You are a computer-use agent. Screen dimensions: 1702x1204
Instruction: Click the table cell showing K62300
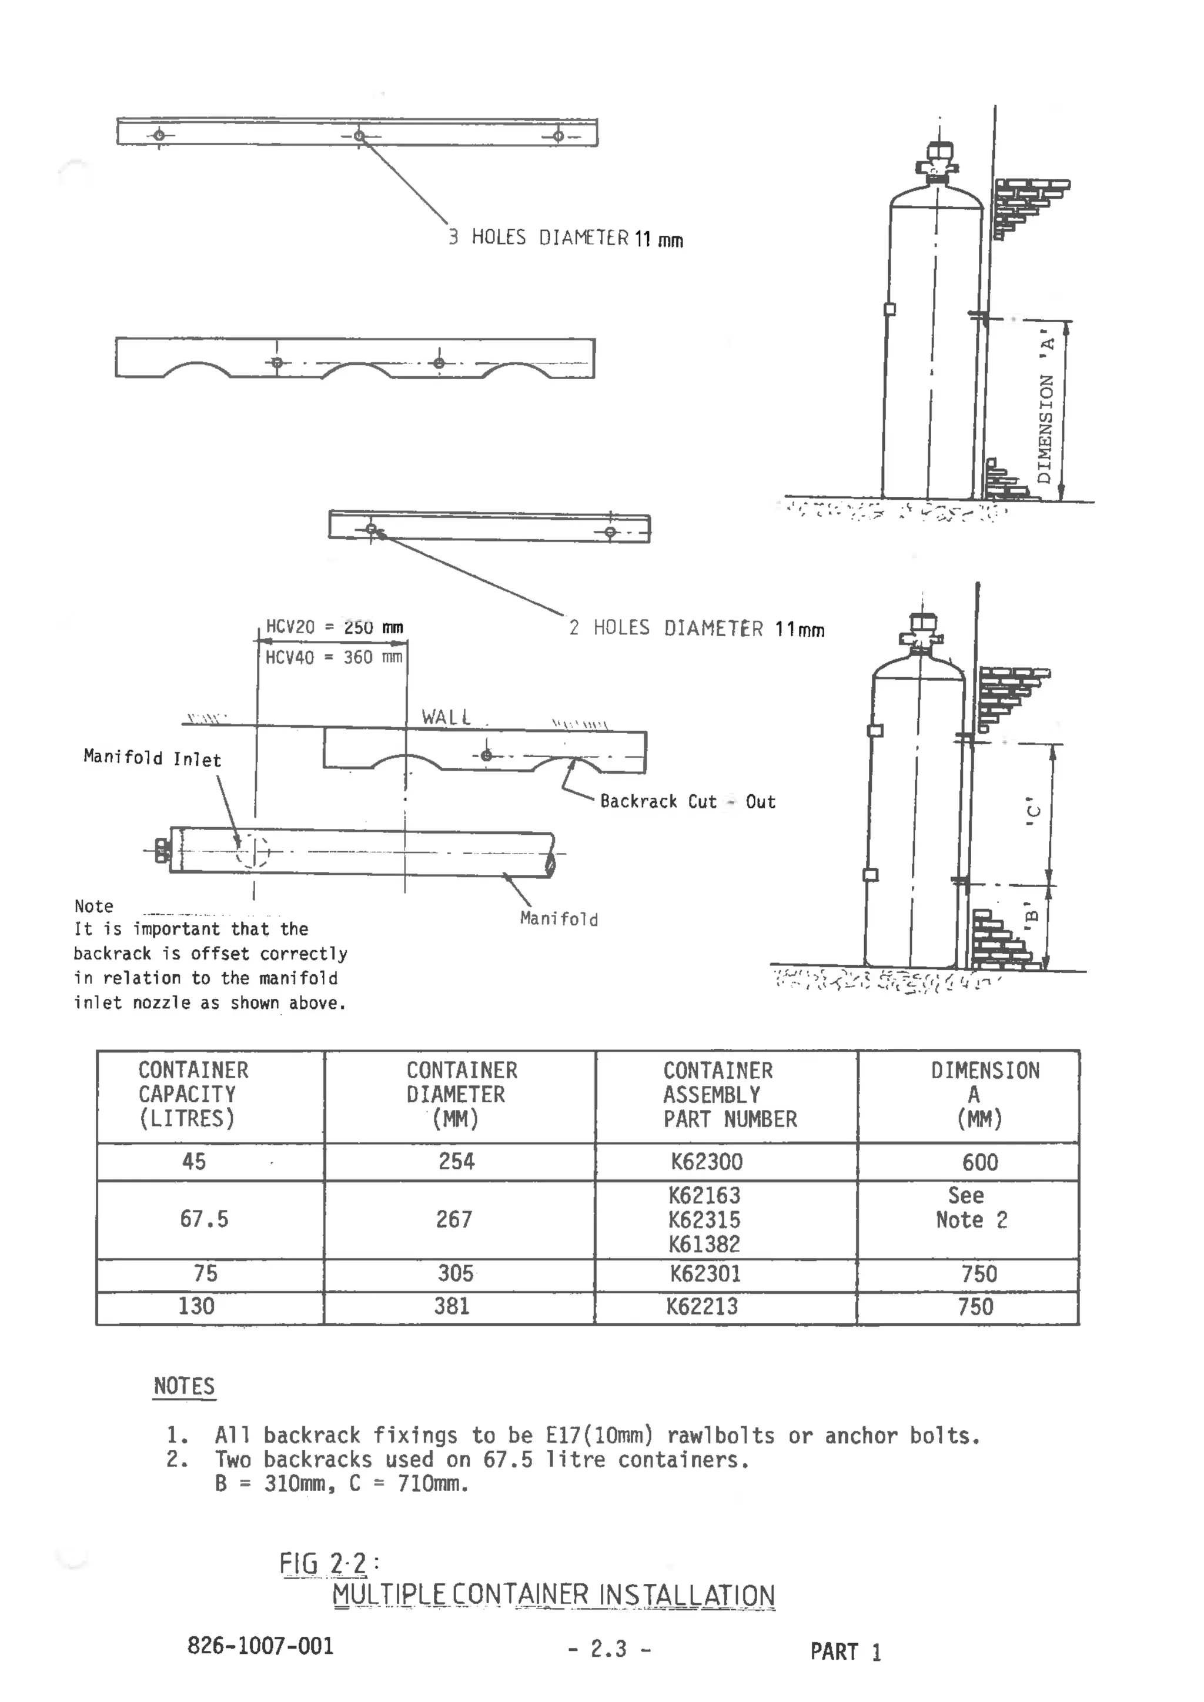click(707, 1162)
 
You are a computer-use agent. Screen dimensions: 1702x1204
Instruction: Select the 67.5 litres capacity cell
click(204, 1219)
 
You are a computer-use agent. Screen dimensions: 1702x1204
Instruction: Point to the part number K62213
click(702, 1306)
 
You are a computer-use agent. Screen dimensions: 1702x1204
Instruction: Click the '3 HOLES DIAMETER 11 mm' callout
click(566, 238)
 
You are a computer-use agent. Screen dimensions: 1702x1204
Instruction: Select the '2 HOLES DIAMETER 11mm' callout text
click(696, 628)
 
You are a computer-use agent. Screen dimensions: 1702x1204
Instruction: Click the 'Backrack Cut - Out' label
click(687, 801)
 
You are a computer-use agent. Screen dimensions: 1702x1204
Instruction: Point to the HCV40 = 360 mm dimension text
click(333, 657)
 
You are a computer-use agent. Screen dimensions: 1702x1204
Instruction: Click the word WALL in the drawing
click(446, 717)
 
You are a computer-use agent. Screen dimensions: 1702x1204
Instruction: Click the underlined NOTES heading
click(184, 1386)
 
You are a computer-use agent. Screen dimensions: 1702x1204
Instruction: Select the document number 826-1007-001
click(260, 1646)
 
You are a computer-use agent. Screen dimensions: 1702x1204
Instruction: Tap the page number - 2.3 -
click(610, 1649)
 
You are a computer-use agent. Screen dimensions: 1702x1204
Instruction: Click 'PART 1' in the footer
click(845, 1651)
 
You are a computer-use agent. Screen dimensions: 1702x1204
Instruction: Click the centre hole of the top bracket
click(359, 136)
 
